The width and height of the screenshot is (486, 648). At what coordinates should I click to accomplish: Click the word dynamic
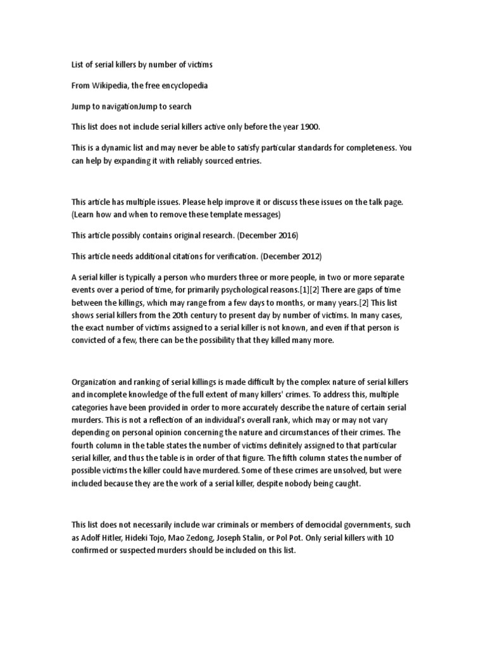point(113,149)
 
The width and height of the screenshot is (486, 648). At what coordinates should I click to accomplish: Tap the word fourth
point(85,445)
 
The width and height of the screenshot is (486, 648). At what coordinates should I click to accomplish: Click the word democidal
point(331,525)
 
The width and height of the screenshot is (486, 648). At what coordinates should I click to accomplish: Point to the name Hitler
point(121,538)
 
